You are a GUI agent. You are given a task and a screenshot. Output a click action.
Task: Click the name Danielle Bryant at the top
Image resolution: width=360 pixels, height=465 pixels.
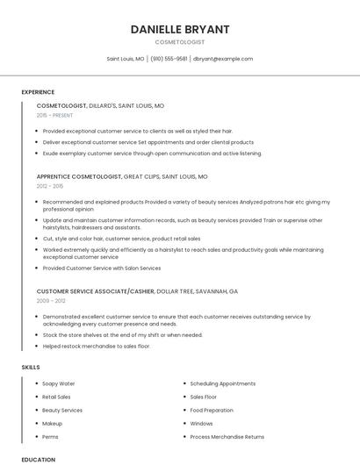(179, 29)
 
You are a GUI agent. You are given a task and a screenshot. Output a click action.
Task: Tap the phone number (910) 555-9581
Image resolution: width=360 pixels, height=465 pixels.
(169, 59)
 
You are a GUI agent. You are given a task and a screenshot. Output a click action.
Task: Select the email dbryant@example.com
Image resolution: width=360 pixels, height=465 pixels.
(223, 59)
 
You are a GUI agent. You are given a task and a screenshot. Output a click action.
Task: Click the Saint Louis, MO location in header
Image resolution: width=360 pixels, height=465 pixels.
(126, 59)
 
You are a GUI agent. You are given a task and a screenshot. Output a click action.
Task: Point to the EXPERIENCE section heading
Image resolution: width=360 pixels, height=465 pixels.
(38, 92)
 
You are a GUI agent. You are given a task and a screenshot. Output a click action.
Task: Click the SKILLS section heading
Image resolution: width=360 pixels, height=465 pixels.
(31, 367)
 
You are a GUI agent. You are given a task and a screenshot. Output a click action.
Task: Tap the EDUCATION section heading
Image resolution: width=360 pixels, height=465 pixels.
(39, 459)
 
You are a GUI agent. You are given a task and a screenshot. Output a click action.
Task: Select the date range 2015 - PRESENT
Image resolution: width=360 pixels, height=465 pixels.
(55, 115)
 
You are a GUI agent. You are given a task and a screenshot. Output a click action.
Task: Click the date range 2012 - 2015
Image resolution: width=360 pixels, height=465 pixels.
(50, 186)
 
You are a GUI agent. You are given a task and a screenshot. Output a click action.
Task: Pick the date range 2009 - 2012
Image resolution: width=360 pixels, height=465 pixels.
(50, 300)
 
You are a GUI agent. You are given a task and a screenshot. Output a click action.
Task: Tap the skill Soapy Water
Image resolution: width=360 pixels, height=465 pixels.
(59, 383)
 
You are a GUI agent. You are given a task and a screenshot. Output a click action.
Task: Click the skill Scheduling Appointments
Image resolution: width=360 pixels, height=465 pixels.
(223, 383)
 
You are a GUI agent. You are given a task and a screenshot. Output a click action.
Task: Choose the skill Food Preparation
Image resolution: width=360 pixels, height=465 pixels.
(212, 410)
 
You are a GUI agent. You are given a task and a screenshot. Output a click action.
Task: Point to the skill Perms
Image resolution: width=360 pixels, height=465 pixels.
(50, 436)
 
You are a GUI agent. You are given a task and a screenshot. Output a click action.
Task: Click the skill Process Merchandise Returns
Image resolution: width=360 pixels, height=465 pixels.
(227, 436)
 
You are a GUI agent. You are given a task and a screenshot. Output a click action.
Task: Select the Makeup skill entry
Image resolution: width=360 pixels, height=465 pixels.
(52, 423)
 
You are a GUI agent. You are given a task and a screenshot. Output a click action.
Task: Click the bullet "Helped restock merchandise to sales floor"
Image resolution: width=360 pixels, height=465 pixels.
(97, 346)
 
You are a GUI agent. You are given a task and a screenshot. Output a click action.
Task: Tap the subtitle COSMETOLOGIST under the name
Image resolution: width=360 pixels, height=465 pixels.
(179, 42)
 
